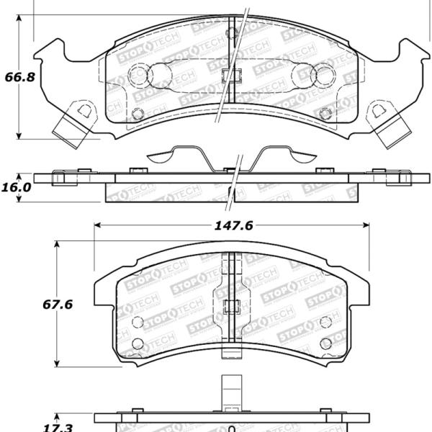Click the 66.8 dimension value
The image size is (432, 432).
click(19, 77)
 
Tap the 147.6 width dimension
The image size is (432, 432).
click(233, 225)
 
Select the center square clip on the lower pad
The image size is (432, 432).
click(230, 306)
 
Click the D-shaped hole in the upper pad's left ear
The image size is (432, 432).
click(84, 110)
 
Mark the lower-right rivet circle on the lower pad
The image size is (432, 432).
click(325, 343)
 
